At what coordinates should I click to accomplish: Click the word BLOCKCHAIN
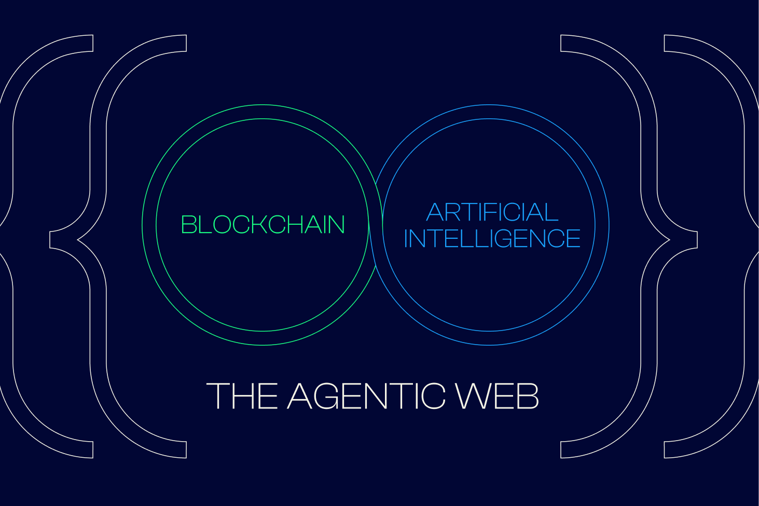tap(263, 225)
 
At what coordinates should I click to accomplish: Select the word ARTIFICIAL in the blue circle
tap(492, 212)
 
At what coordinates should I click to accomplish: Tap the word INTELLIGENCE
tap(492, 238)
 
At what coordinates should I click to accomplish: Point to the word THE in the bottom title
tap(242, 396)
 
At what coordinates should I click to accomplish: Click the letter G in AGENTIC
tap(328, 396)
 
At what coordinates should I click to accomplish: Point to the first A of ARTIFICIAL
tap(435, 212)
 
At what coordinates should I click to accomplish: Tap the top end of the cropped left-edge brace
tap(85, 44)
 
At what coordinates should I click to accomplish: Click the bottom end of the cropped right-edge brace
tap(672, 449)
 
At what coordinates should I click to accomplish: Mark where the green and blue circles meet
tap(376, 225)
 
